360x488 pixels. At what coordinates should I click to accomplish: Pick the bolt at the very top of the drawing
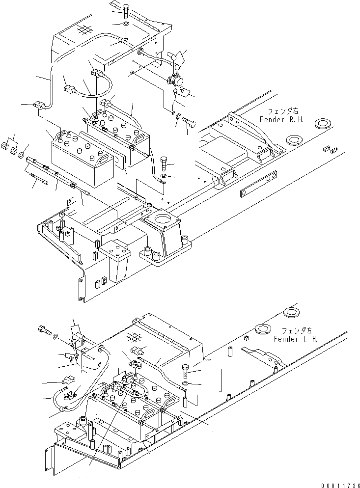tap(125, 8)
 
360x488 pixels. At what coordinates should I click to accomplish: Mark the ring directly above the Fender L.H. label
tap(294, 313)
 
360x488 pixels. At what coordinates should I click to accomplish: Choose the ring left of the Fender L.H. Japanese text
tap(265, 328)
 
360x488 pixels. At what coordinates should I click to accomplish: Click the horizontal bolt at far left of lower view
tap(44, 331)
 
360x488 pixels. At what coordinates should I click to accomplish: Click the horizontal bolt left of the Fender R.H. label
tap(190, 120)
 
